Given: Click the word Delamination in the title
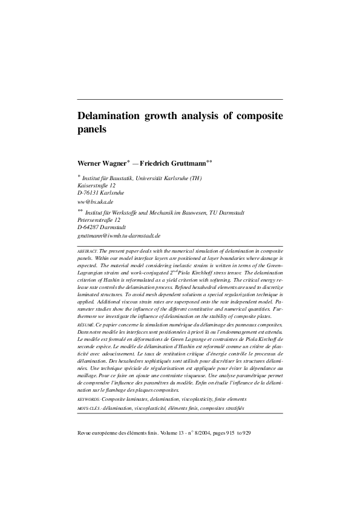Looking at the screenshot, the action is tap(108, 116).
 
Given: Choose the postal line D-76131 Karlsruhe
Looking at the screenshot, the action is tap(101, 193).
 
